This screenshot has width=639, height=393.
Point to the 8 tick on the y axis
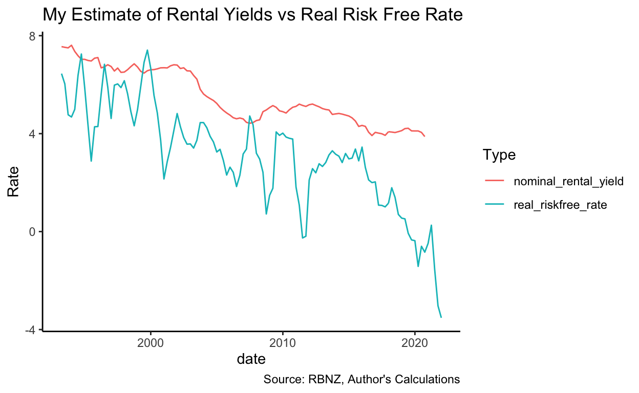32,36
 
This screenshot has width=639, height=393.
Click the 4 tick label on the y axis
32,134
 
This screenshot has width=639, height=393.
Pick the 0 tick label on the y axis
32,232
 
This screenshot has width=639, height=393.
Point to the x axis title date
251,359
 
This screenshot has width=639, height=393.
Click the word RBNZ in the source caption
322,379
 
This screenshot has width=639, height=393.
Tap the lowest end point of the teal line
441,317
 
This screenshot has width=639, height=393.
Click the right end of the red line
424,136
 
